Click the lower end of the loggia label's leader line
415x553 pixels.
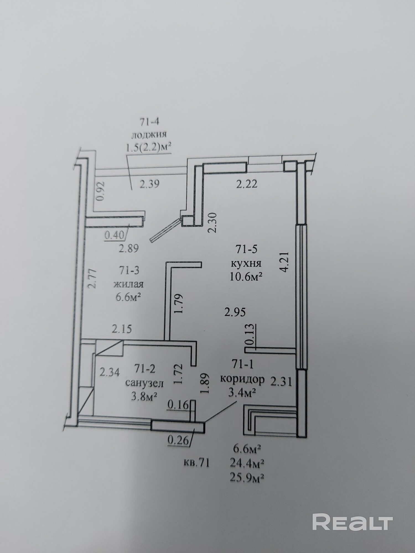[x=131, y=190]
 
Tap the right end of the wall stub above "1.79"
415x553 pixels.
[x=201, y=265]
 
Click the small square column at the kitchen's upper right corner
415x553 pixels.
[x=289, y=166]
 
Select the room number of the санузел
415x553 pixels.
[x=145, y=369]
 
